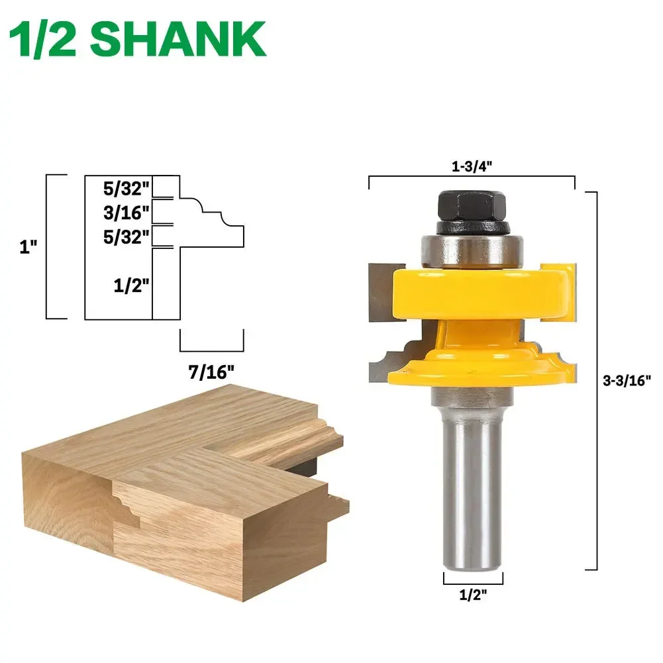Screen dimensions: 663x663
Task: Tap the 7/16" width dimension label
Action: click(x=211, y=372)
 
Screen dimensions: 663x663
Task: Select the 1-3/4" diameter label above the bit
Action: click(x=471, y=168)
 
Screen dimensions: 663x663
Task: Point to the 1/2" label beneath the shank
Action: click(x=472, y=595)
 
